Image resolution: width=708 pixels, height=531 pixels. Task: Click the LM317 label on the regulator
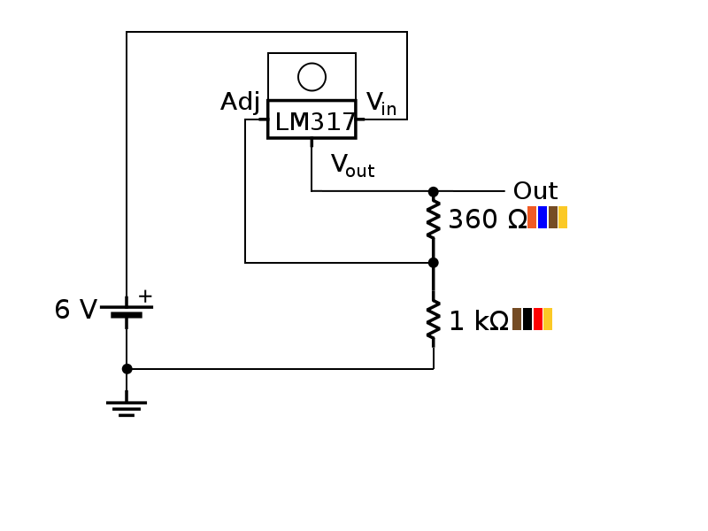tap(314, 122)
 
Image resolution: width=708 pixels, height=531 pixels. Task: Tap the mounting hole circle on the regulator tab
tap(312, 77)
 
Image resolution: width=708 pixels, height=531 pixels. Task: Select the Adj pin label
tap(240, 103)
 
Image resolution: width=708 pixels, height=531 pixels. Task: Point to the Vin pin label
tap(381, 104)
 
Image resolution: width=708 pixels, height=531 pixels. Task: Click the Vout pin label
tap(352, 165)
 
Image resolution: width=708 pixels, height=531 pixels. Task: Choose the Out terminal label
tap(535, 191)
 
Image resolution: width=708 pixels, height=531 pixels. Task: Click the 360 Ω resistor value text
tap(487, 219)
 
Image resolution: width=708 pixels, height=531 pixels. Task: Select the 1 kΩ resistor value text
tap(478, 321)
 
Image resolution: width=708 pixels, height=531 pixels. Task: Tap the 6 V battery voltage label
tap(75, 310)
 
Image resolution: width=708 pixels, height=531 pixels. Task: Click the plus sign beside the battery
tap(145, 296)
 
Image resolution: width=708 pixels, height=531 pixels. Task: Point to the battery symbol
tap(127, 311)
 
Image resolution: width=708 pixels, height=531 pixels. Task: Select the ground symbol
tap(127, 407)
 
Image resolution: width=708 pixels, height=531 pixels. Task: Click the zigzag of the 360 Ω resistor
tap(433, 219)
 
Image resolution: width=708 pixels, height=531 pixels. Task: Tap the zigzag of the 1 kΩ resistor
tap(433, 320)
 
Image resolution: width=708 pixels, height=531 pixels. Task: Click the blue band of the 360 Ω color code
tap(543, 218)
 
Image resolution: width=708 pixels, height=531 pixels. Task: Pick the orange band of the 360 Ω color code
tap(532, 218)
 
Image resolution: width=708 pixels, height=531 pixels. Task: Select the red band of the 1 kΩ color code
tap(538, 319)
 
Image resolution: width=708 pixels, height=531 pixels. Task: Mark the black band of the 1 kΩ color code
tap(527, 319)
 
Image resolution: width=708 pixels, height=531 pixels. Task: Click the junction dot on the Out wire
tap(433, 191)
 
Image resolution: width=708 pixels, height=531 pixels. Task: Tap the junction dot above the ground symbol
tap(127, 368)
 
